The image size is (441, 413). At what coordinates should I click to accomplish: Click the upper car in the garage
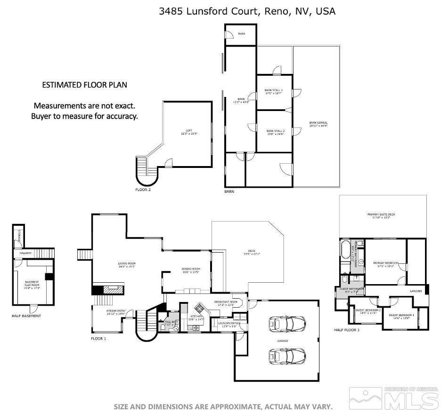tap(286, 324)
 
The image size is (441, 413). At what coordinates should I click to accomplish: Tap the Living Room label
tap(127, 264)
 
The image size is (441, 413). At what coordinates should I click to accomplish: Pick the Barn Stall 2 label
tap(275, 132)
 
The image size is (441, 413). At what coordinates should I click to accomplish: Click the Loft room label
tap(189, 132)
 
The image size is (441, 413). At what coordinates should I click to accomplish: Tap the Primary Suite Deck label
tap(381, 215)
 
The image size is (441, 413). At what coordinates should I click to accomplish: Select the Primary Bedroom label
tap(385, 264)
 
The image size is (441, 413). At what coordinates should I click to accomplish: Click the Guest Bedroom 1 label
tap(401, 316)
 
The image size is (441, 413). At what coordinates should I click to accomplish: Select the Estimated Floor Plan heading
tap(84, 85)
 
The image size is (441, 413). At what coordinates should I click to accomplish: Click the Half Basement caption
tap(26, 316)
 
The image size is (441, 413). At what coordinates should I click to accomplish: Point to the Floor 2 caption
tap(143, 190)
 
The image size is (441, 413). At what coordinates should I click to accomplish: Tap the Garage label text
tap(283, 341)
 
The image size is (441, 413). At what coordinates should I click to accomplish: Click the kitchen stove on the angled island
tap(200, 309)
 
